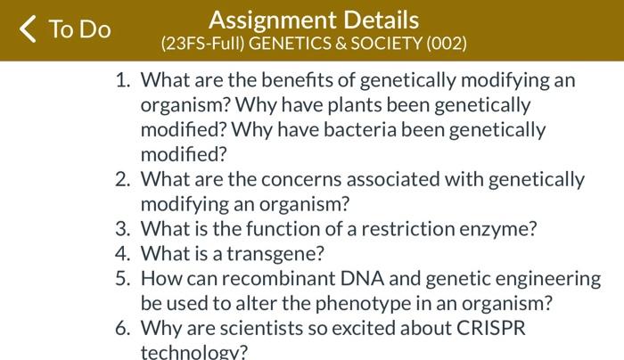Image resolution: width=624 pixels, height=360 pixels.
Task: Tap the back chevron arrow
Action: [29, 29]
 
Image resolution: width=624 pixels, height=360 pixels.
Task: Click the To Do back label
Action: [79, 29]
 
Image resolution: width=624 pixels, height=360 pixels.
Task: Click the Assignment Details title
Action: [314, 20]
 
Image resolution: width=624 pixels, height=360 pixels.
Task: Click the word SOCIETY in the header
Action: [390, 43]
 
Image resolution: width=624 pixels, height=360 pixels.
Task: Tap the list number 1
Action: [123, 81]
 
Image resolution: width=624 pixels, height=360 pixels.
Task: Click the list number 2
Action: [123, 179]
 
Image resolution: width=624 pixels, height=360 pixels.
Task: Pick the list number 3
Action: [123, 228]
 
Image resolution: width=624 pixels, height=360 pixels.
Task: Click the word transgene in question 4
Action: [272, 253]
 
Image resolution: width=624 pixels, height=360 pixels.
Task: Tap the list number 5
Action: [123, 278]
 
